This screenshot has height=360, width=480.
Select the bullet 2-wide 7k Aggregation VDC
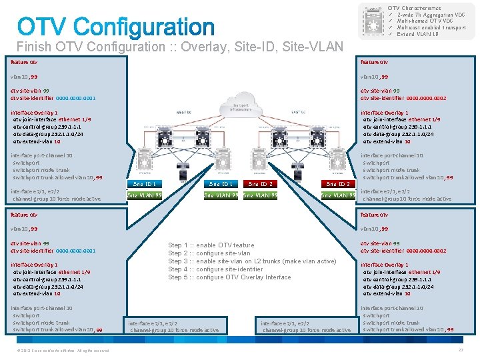(x=431, y=15)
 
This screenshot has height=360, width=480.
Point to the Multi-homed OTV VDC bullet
(x=427, y=21)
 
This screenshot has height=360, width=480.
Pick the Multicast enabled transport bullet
(x=430, y=28)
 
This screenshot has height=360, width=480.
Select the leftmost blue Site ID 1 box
(x=145, y=184)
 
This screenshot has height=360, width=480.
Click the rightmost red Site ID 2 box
(x=339, y=184)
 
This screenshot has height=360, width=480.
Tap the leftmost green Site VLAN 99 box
(x=145, y=195)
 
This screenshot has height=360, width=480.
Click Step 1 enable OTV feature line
(x=211, y=246)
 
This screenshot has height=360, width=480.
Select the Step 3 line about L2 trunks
(x=252, y=261)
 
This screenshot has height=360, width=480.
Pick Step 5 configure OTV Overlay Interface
(x=229, y=277)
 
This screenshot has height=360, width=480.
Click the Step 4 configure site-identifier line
(x=218, y=269)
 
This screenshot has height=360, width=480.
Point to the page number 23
(x=460, y=350)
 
